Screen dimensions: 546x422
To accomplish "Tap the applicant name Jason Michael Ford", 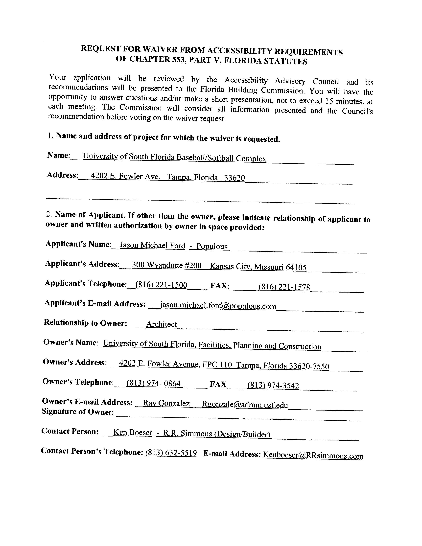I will click(x=153, y=245).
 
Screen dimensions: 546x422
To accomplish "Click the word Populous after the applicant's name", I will click(x=212, y=246).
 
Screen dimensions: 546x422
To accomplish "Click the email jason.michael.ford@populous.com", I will click(x=218, y=306).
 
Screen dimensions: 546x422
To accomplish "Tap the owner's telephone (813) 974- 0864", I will click(x=154, y=383).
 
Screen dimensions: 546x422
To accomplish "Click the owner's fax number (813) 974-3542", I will click(x=273, y=385).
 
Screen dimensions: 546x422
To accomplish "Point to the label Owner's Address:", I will click(x=74, y=362).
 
